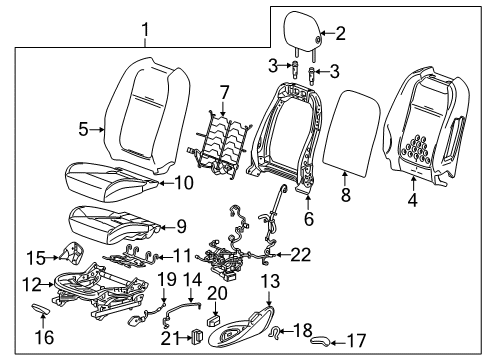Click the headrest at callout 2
click(302, 32)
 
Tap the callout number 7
click(224, 92)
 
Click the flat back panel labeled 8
click(351, 133)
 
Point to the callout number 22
click(300, 255)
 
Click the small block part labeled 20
click(213, 321)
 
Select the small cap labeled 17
click(320, 341)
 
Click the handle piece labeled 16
click(41, 309)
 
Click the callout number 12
click(32, 285)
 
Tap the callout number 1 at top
click(145, 29)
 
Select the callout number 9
click(181, 227)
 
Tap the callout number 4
click(413, 200)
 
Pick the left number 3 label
click(273, 66)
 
